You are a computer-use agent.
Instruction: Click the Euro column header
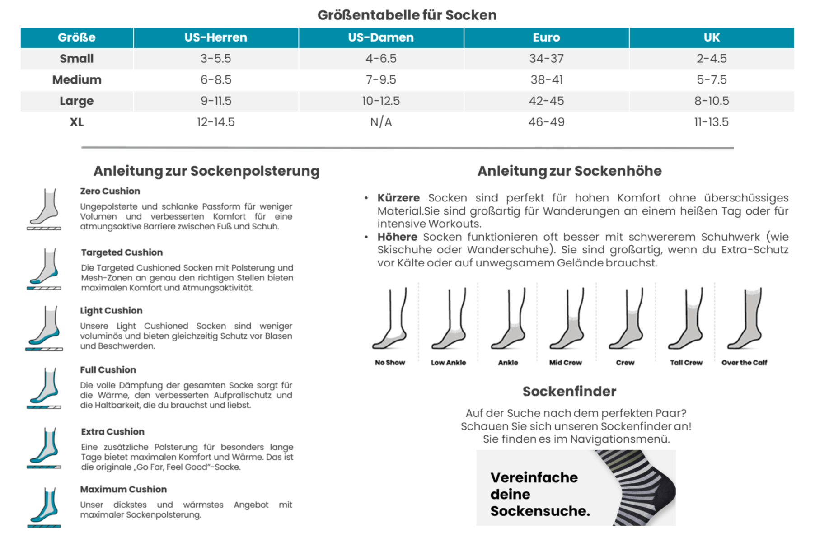[546, 37]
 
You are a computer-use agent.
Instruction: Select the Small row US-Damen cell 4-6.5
[381, 59]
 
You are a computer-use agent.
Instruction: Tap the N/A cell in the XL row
[381, 122]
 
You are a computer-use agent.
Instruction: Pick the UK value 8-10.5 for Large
[712, 101]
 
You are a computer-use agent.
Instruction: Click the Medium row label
[77, 80]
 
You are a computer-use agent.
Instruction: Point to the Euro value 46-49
[546, 122]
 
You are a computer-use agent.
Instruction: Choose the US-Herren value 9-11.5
[216, 101]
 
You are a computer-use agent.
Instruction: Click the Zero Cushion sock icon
[44, 209]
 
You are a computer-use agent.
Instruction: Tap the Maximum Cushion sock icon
[44, 507]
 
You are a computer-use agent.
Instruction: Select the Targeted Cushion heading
[122, 252]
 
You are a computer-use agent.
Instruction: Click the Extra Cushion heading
[113, 432]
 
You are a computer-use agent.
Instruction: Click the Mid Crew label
[566, 363]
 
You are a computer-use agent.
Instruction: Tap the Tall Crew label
[686, 363]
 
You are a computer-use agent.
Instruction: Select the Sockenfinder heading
[569, 392]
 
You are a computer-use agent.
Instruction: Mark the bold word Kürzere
[398, 198]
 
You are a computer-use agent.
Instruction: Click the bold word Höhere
[398, 237]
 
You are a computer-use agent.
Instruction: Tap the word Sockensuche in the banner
[540, 511]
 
